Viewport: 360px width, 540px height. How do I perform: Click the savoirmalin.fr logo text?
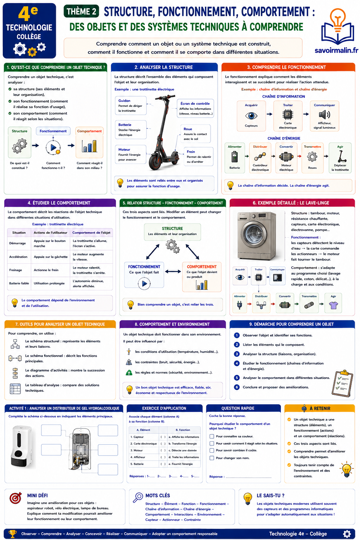[336, 50]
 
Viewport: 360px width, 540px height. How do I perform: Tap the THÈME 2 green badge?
[81, 11]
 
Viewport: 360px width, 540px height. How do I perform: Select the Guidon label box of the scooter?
[130, 105]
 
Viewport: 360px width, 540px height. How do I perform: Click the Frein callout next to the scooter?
[198, 156]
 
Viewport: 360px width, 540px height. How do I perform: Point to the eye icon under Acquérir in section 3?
[251, 116]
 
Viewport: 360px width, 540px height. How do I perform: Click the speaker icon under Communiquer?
[324, 115]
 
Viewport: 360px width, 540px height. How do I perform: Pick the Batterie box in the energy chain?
[234, 157]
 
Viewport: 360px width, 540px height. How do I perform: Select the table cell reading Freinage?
[16, 270]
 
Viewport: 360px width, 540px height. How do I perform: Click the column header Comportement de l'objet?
[91, 233]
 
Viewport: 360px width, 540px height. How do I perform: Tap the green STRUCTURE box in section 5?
[172, 232]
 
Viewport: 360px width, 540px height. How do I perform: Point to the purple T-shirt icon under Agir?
[334, 305]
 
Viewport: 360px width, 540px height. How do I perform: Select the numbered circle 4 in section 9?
[237, 363]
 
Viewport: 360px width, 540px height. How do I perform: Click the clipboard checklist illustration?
[342, 383]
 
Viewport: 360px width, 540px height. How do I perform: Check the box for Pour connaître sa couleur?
[212, 436]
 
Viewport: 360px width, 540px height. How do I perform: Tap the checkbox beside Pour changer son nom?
[212, 458]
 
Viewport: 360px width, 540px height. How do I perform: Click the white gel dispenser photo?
[22, 447]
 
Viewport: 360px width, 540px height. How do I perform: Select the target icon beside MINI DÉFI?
[15, 498]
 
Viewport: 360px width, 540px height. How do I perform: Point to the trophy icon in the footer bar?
[13, 533]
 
